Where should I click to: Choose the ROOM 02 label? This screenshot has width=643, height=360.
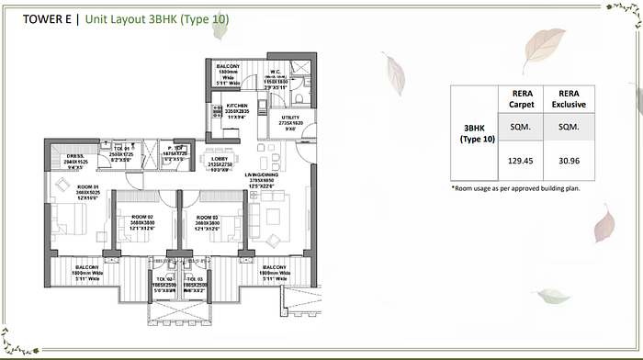[x=140, y=217]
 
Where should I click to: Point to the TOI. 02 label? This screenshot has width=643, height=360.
[x=163, y=278]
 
